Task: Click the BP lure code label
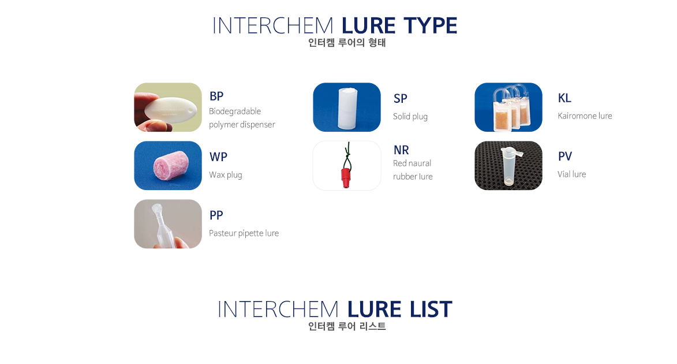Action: point(216,96)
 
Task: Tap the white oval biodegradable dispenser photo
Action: point(168,107)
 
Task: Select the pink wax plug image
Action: point(168,166)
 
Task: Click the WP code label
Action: point(218,157)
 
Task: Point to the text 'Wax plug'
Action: point(226,174)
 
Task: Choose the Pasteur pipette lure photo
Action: point(168,224)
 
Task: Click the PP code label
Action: point(216,215)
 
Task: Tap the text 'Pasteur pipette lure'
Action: point(244,233)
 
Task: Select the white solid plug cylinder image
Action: point(347,107)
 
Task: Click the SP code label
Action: point(400,98)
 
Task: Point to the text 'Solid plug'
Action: point(410,116)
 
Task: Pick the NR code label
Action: point(401,150)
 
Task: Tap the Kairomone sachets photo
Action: point(508,107)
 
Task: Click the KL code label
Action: point(564,98)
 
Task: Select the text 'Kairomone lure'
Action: point(585,116)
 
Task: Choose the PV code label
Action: point(564,156)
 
